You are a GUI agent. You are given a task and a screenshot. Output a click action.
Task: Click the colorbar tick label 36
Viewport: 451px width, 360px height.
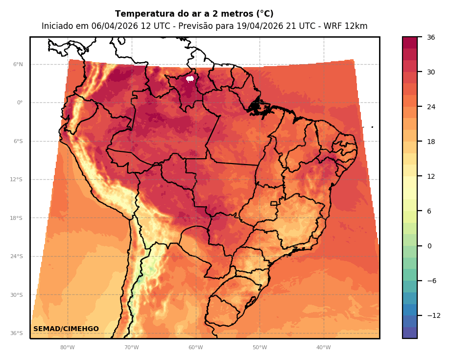tap(431, 37)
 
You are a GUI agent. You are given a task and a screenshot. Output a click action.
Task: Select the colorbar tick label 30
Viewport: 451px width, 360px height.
tap(431, 72)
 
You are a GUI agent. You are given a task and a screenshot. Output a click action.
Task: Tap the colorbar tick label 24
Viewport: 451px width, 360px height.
tap(431, 107)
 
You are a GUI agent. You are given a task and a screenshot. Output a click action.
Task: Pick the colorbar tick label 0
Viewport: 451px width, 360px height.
tap(429, 246)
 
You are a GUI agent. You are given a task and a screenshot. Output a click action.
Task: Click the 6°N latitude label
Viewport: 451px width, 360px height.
tap(18, 64)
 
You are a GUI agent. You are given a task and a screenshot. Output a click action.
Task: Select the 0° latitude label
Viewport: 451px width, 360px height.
tap(20, 103)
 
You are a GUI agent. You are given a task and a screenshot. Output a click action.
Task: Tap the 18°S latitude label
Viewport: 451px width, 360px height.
tap(17, 218)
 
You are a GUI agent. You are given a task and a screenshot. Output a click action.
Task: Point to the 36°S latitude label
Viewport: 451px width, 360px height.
tap(17, 333)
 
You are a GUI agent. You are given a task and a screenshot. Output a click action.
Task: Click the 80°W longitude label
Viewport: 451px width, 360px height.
tap(68, 348)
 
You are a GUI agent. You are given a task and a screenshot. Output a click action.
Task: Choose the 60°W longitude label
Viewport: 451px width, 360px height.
tap(195, 348)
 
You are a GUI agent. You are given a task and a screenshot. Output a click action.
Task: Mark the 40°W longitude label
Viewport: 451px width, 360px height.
tap(323, 348)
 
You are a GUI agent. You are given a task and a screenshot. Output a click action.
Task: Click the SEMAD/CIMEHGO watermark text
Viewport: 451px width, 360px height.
tap(66, 329)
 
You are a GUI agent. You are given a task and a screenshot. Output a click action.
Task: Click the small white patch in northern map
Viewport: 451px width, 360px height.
tap(190, 79)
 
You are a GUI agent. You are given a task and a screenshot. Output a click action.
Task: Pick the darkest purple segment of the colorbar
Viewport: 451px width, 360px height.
tap(410, 333)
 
